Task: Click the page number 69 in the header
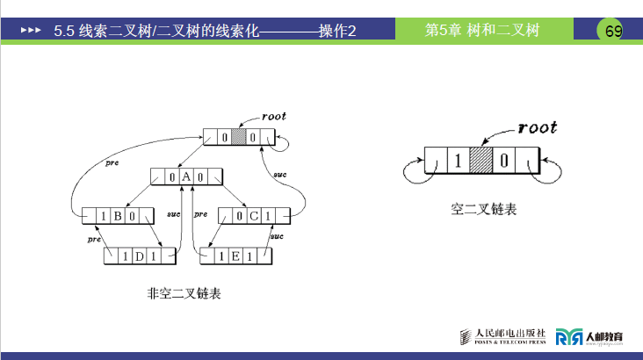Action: [x=613, y=32]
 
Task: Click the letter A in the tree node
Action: [x=186, y=176]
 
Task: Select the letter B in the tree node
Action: [x=117, y=216]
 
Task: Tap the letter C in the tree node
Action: [x=252, y=216]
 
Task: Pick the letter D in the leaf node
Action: [x=140, y=256]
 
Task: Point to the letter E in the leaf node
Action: [x=235, y=256]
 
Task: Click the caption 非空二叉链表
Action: [x=184, y=293]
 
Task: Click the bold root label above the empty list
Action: [x=538, y=127]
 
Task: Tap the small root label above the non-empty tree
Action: [x=274, y=116]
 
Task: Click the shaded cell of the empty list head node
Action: [x=480, y=162]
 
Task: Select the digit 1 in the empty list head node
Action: [x=457, y=162]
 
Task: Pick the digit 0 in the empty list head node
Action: [x=504, y=162]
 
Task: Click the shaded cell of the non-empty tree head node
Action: [x=237, y=138]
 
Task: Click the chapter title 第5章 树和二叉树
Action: [x=481, y=30]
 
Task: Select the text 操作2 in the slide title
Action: [x=337, y=31]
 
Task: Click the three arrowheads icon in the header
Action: [x=31, y=31]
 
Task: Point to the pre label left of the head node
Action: [x=111, y=162]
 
